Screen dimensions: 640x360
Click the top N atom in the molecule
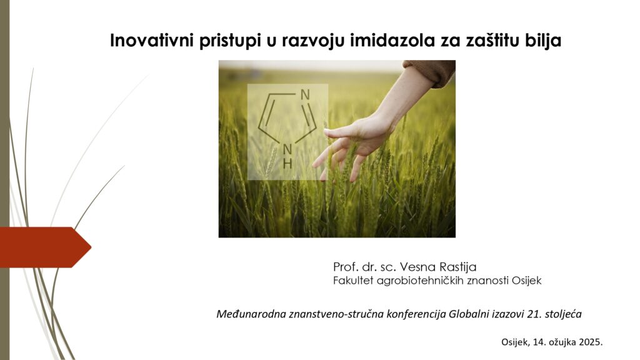[304, 95]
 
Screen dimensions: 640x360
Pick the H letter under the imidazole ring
[287, 164]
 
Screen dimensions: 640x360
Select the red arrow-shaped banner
[45, 247]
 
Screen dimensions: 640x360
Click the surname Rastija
[457, 267]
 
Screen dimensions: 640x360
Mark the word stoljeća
[563, 314]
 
